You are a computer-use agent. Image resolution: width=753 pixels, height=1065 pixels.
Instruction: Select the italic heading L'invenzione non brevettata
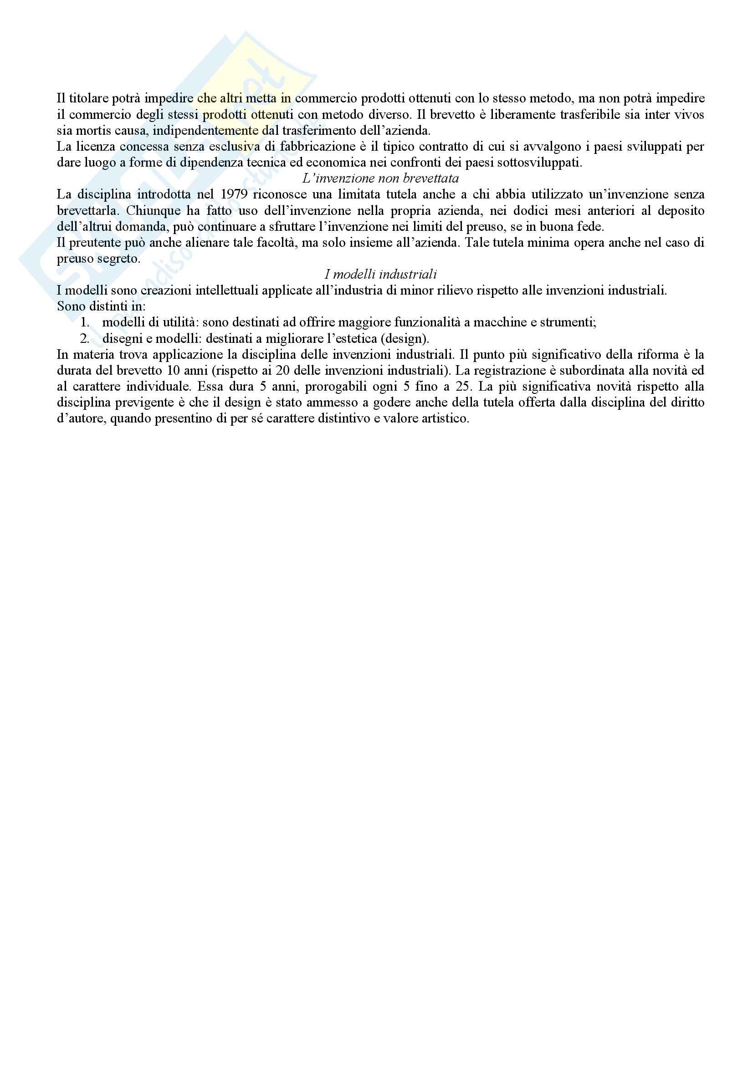380,178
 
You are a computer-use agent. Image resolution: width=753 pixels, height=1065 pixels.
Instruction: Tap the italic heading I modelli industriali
380,275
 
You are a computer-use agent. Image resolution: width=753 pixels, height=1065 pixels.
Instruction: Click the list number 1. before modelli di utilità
85,322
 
